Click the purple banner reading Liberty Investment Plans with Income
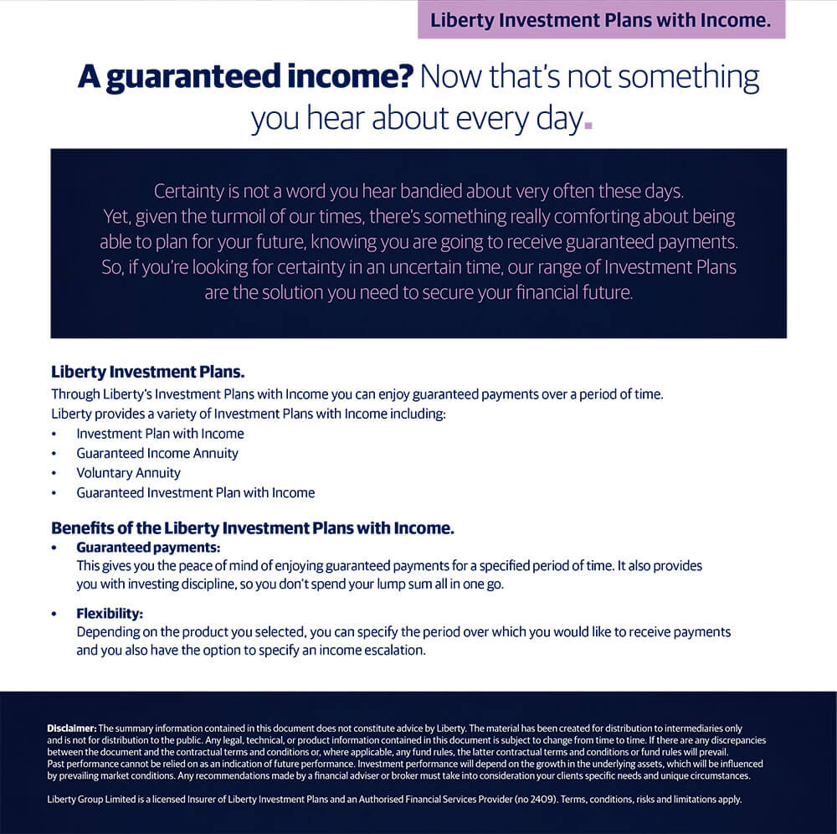pos(601,21)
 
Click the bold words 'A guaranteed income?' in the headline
pos(245,77)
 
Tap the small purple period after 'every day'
pos(588,125)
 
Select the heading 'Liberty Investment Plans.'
pos(147,371)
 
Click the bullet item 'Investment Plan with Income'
pos(160,434)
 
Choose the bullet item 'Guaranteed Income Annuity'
pos(157,453)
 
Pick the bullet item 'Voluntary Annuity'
pos(128,473)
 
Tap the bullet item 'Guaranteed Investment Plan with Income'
pos(195,492)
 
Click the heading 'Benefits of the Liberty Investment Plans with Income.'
pos(252,528)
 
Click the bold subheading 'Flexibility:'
pos(110,614)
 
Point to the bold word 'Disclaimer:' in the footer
pos(72,728)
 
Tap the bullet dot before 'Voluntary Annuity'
pos(54,473)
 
